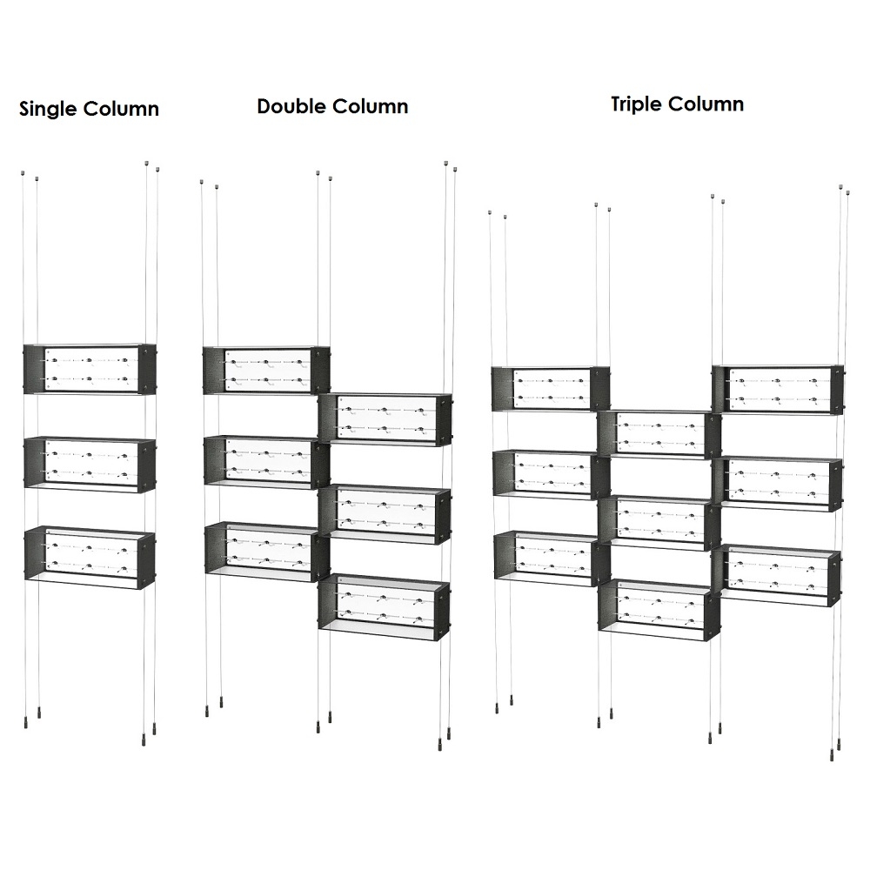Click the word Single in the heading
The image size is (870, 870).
point(49,110)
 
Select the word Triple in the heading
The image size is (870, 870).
point(637,104)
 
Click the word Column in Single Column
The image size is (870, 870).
point(123,110)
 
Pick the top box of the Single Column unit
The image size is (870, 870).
point(90,369)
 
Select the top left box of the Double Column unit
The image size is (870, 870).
point(266,370)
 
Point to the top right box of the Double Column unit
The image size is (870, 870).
point(385,419)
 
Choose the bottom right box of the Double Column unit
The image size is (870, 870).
point(385,604)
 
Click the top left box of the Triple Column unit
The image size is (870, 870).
point(550,388)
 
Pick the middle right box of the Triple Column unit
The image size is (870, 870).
point(777,483)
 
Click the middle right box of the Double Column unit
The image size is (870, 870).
point(385,514)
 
